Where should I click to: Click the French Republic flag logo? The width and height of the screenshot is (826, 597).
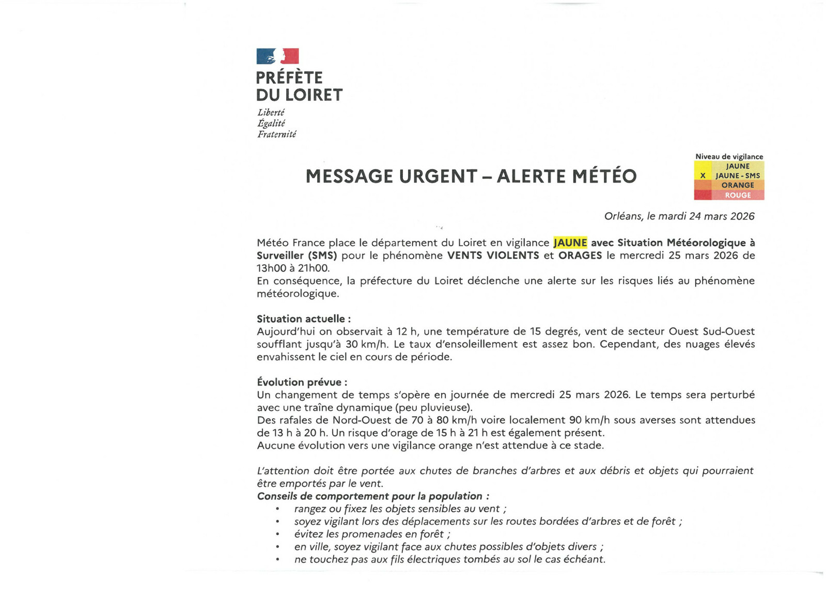point(277,56)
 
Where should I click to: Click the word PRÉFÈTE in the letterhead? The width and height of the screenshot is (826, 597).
point(289,78)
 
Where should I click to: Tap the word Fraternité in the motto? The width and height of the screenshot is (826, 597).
point(277,134)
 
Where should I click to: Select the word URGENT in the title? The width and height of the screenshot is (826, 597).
point(438,177)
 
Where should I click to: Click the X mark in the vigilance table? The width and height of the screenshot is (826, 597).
point(703,176)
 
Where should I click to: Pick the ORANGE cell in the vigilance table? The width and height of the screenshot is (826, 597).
point(737,185)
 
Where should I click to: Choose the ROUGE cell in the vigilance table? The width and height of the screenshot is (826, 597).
point(737,195)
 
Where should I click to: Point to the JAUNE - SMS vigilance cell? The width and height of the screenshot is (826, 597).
point(737,176)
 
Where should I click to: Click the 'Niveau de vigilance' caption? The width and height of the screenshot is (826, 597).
point(729,156)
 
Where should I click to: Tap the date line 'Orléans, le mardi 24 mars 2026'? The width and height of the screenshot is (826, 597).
point(679,216)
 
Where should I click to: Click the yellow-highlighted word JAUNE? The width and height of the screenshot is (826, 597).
point(570,243)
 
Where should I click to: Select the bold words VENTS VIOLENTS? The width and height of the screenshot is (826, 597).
point(493,256)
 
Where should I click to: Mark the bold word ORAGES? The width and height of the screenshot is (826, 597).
point(580,256)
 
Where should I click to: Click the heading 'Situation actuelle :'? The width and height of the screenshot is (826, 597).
point(303,319)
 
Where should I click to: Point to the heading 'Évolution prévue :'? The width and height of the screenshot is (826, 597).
point(302,383)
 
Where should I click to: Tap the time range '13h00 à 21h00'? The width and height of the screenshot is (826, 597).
point(292,269)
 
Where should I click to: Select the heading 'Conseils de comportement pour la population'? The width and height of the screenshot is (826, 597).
point(372,496)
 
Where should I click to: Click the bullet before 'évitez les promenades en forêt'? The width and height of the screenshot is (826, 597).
point(278,535)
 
